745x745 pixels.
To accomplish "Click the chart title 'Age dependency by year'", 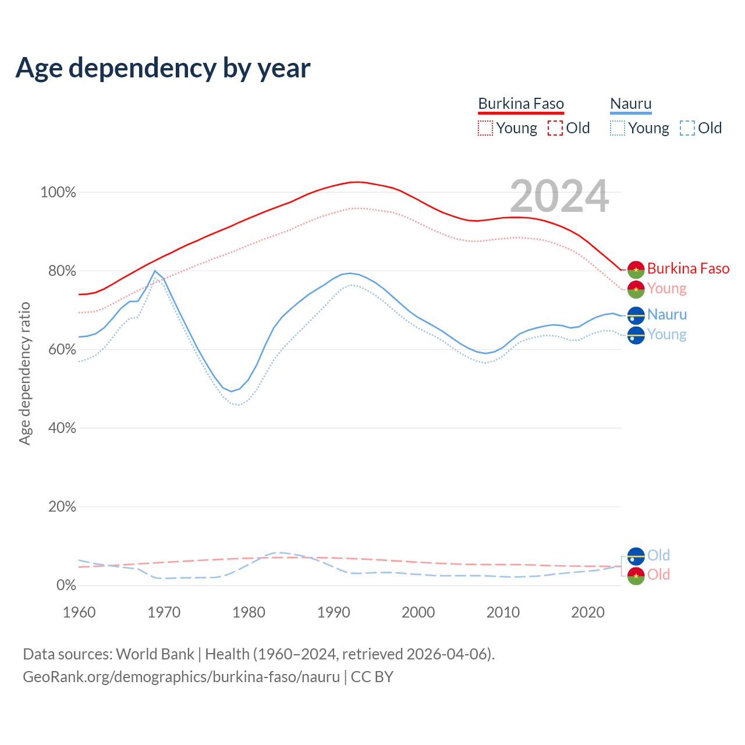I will pos(163,68).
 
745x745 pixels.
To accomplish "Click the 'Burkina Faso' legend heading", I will pos(521,104).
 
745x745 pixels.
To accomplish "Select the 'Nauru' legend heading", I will pos(631,104).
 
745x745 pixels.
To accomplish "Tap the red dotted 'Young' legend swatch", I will pos(485,128).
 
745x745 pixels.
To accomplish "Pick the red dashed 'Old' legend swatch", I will pos(555,128).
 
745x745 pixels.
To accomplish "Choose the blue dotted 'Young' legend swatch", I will pos(618,128).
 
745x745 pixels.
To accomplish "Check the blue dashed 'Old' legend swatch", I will pos(687,128).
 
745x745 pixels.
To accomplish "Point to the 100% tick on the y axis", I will pos(58,193).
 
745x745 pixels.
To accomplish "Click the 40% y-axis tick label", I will pos(62,428).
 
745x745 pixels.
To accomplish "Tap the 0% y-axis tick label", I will pos(66,586).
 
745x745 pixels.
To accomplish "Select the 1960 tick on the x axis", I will pos(79,612).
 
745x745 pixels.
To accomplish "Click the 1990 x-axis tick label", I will pos(334,612).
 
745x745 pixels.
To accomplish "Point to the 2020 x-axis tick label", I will pos(588,612).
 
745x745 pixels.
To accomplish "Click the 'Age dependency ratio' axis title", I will pos(24,373).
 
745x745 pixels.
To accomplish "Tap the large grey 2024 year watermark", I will pos(559,197).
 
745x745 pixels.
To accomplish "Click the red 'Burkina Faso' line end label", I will pos(688,268).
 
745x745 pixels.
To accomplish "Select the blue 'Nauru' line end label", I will pos(667,314).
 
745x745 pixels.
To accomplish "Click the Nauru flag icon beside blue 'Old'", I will pos(636,556).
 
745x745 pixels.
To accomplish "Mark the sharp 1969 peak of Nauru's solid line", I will pos(155,271).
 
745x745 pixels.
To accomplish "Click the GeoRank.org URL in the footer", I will pos(181,677).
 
